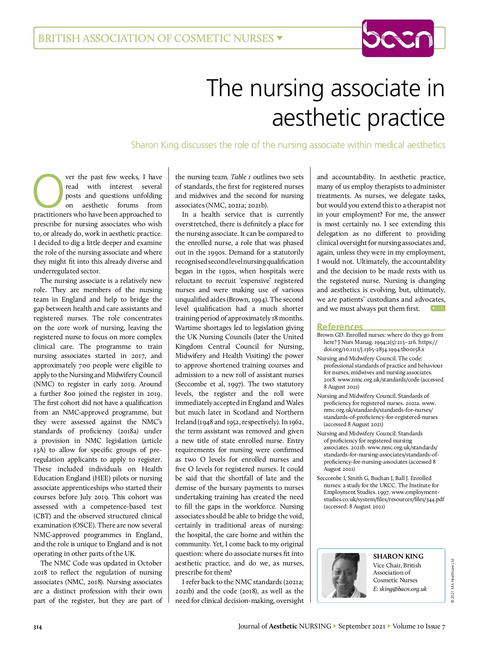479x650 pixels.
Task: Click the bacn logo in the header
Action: point(398,38)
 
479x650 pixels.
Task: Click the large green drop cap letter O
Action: point(48,191)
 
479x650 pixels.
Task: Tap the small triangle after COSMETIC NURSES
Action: point(280,38)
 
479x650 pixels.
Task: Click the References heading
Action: point(340,326)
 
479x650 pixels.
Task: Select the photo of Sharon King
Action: point(344,575)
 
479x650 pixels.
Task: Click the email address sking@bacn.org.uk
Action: point(400,589)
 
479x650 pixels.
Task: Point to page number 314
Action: point(38,627)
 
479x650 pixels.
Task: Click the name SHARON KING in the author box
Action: point(398,556)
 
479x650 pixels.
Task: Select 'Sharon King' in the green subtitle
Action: point(155,145)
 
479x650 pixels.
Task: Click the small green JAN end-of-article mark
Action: point(438,308)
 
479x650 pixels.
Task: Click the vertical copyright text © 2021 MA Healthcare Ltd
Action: point(453,581)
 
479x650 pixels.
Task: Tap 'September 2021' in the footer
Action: point(362,626)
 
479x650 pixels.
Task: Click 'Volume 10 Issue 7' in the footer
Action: point(419,626)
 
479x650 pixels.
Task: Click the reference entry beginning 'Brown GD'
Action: point(380,342)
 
